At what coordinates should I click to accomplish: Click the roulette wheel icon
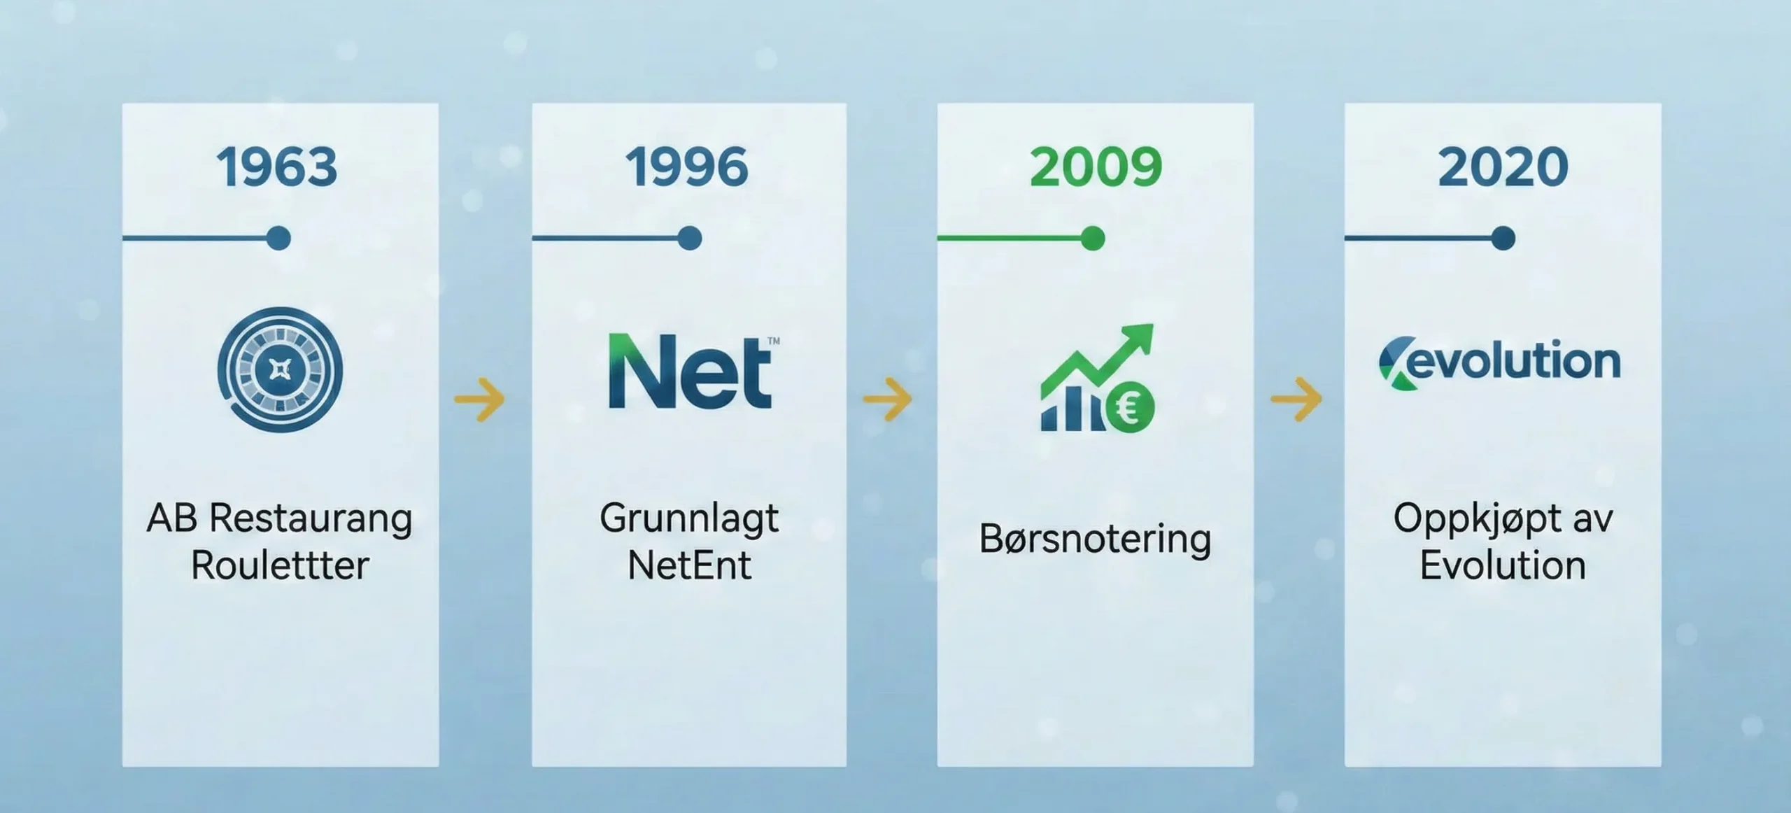(280, 369)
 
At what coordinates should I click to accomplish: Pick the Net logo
(691, 371)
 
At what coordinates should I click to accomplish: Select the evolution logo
(1499, 362)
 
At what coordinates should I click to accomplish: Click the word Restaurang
(311, 519)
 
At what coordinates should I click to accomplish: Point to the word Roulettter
(280, 565)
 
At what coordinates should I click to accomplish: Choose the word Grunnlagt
(689, 519)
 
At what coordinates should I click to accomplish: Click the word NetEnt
(689, 565)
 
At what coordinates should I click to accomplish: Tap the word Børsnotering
(1095, 539)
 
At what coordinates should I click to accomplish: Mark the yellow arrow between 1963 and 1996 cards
(479, 400)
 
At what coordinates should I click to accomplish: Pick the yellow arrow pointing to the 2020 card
(1296, 400)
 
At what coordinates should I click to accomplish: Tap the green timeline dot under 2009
(1092, 239)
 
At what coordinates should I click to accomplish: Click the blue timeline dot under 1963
(278, 239)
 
